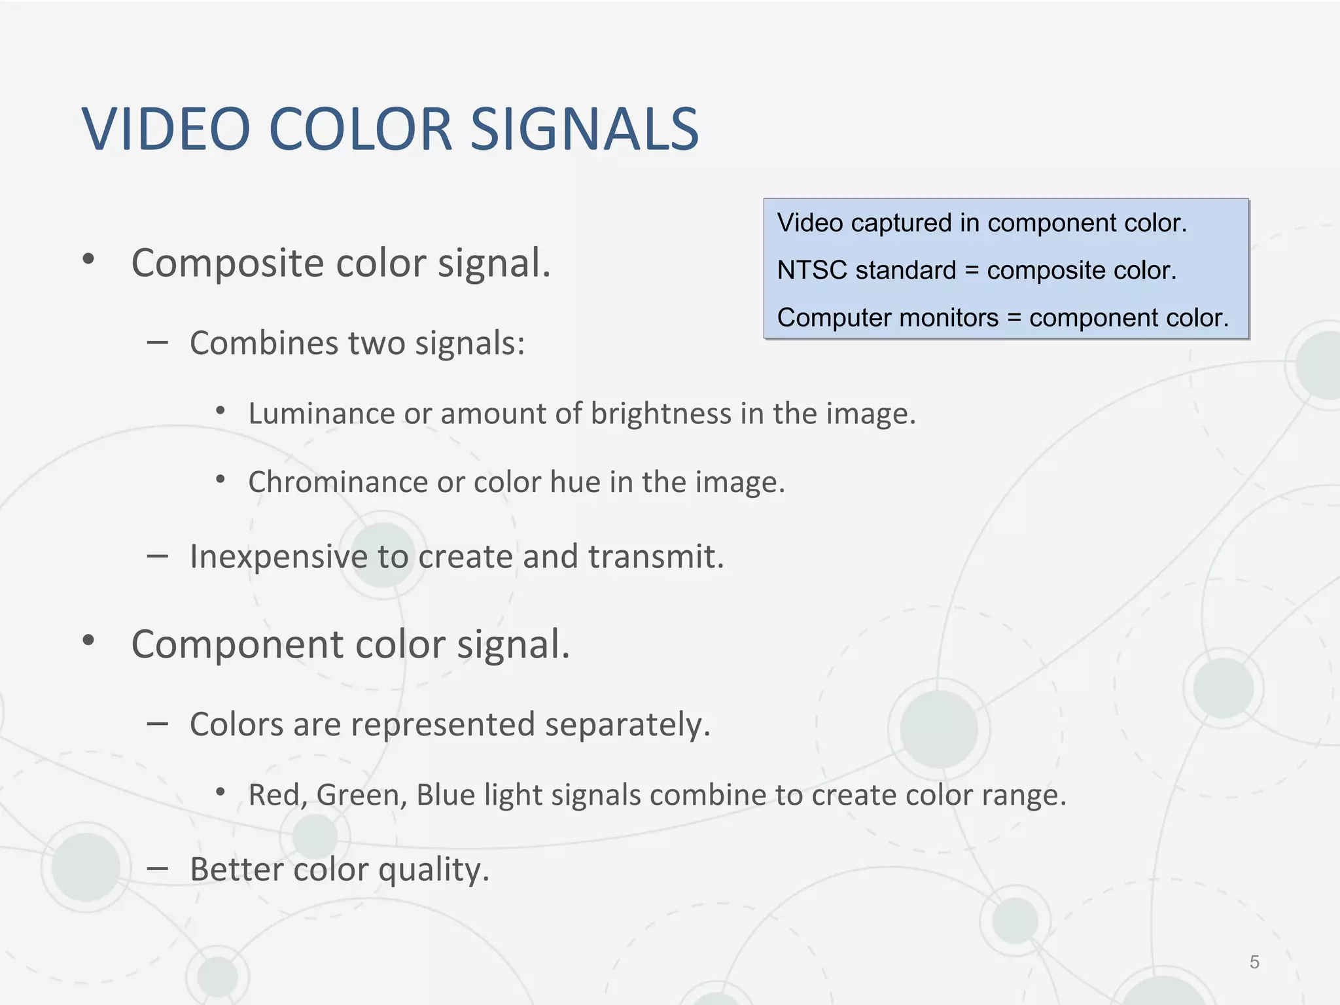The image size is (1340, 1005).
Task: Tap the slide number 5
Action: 1254,962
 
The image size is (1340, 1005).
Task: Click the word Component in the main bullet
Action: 238,645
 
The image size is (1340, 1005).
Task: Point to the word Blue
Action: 446,795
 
